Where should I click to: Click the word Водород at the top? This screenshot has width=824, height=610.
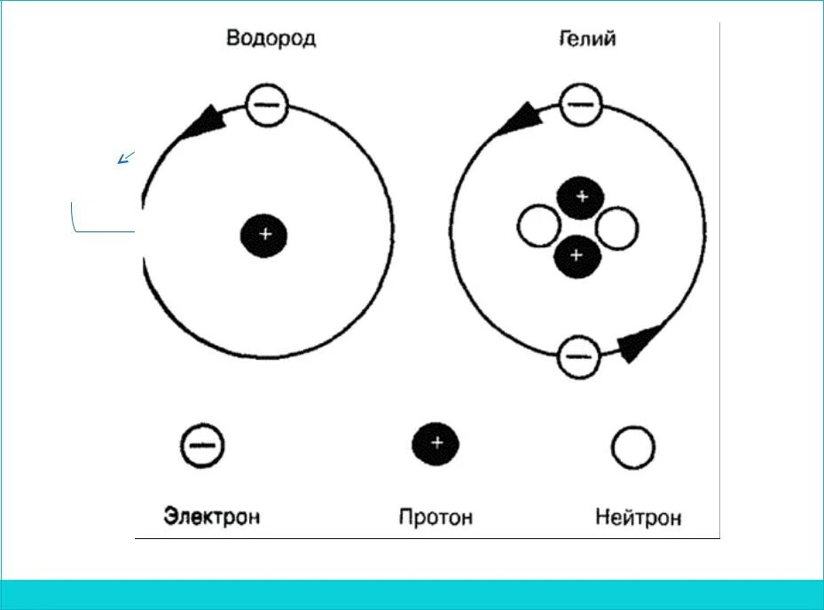271,38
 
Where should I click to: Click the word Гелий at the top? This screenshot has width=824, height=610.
587,38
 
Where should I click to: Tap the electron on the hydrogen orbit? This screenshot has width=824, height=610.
266,106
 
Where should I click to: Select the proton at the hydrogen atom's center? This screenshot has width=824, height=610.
265,235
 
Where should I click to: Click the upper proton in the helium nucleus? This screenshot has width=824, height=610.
580,198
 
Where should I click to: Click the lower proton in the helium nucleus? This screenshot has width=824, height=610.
577,256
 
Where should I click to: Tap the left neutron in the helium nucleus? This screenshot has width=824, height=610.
538,227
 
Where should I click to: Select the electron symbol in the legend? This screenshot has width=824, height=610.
202,446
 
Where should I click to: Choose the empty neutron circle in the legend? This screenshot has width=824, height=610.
633,448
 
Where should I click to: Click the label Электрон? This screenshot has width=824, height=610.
212,516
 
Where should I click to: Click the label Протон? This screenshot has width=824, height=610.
436,516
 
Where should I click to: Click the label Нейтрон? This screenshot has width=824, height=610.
639,516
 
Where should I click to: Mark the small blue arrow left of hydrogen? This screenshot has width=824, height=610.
126,159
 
